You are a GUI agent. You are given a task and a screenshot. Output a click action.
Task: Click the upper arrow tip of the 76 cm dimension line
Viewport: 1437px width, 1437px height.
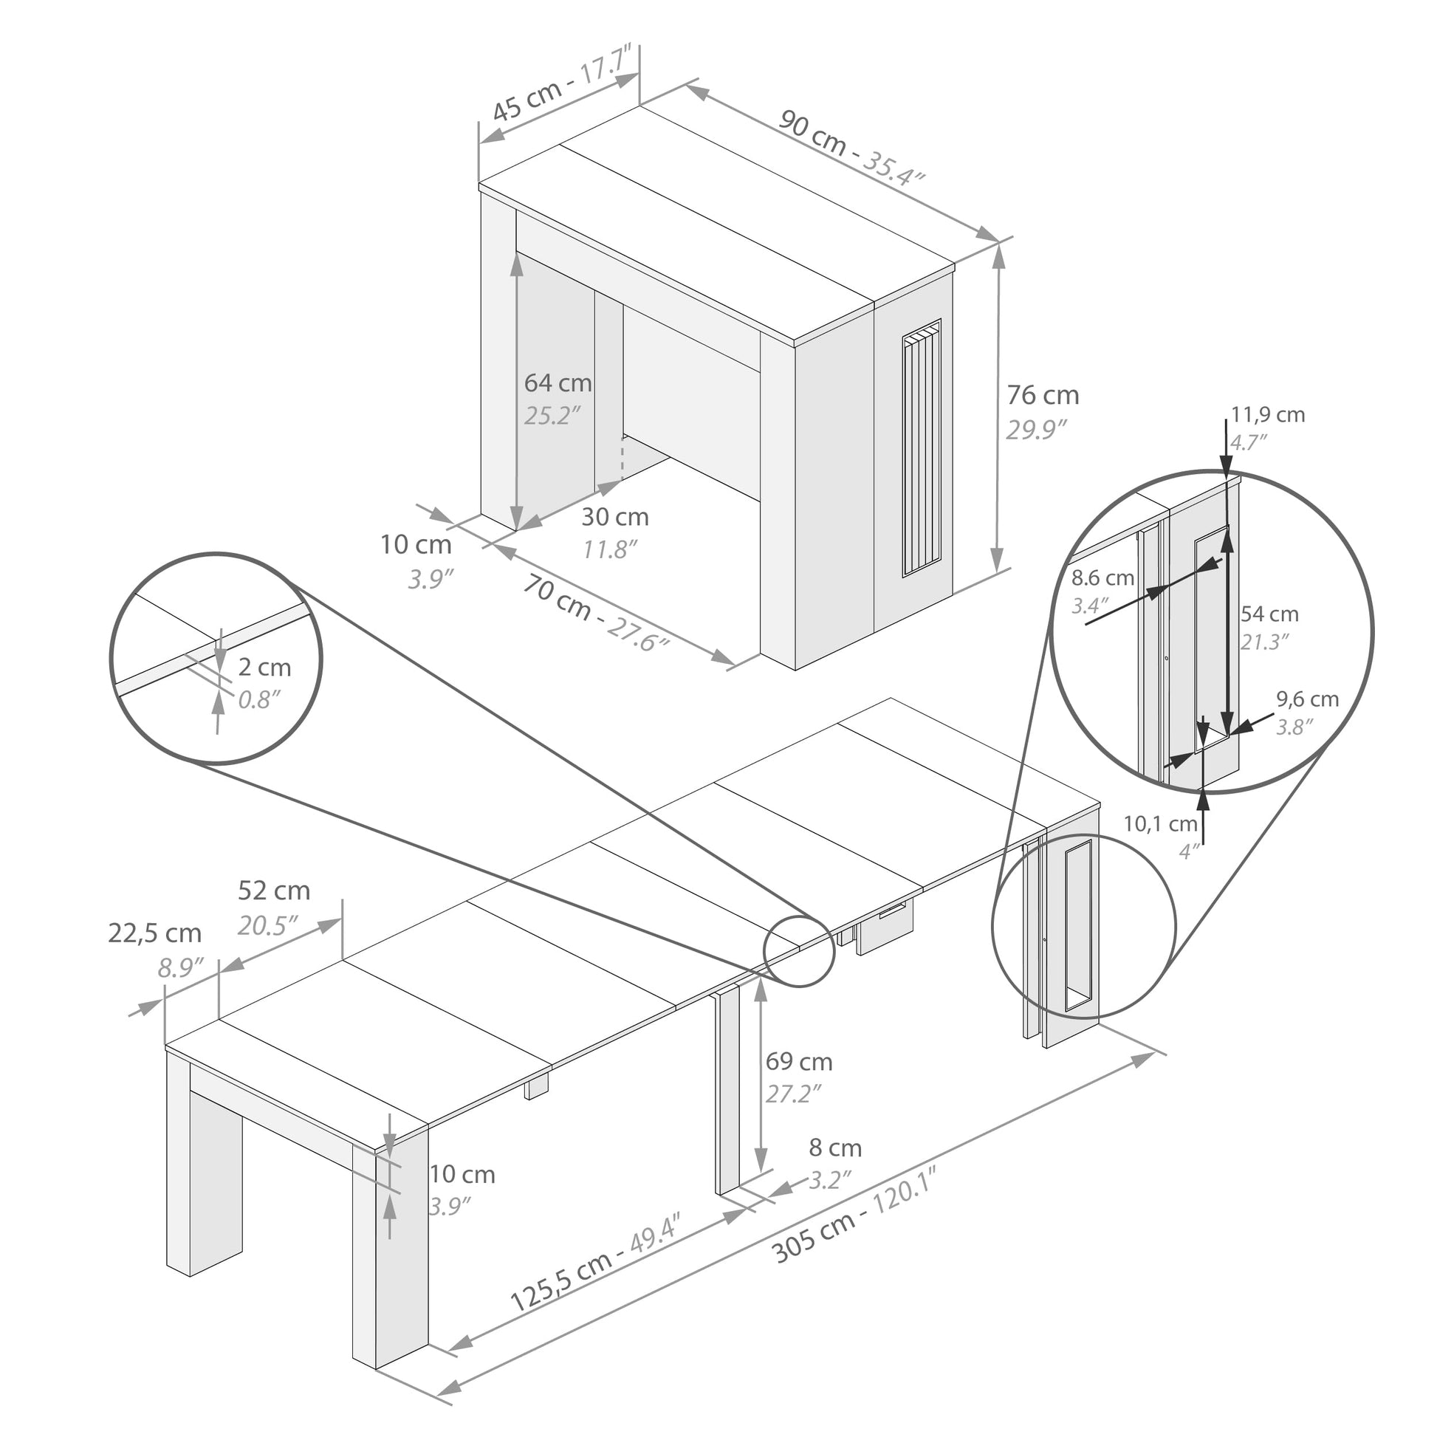(x=999, y=245)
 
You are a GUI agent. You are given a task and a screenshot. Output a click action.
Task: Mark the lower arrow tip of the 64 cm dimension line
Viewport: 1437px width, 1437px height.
(x=517, y=529)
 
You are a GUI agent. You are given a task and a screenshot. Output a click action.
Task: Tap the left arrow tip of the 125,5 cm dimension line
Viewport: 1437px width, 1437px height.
(x=450, y=1367)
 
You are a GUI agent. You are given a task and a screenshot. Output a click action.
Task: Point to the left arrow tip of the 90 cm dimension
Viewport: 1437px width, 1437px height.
(x=686, y=85)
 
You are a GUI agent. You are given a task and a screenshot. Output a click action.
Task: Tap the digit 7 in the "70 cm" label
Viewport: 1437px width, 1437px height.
(x=532, y=587)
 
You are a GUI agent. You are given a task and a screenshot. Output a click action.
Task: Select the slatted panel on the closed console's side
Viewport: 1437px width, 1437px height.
(x=922, y=447)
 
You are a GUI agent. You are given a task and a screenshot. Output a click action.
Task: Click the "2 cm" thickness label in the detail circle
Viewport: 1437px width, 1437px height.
(x=264, y=668)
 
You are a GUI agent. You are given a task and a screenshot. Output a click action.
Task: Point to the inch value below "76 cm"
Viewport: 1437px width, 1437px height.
(x=1037, y=429)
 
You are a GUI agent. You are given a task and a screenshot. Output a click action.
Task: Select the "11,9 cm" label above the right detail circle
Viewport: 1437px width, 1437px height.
(x=1268, y=414)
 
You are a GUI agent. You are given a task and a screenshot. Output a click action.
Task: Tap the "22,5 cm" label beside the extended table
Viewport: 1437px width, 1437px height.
(x=155, y=933)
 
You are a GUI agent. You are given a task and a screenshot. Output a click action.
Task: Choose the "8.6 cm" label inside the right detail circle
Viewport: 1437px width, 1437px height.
(x=1102, y=578)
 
